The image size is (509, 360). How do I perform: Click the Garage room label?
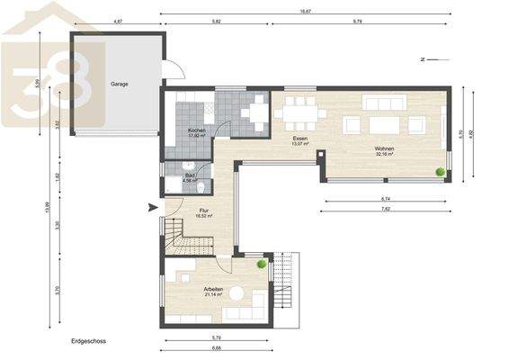point(119,84)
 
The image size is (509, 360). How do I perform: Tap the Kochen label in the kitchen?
point(197,131)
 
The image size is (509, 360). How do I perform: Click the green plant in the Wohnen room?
point(441,170)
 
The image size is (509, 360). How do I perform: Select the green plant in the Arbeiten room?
point(262,264)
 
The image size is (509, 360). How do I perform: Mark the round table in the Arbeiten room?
point(237,292)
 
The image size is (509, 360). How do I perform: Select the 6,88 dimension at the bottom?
point(217,347)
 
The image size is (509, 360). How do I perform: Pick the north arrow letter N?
point(421,59)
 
